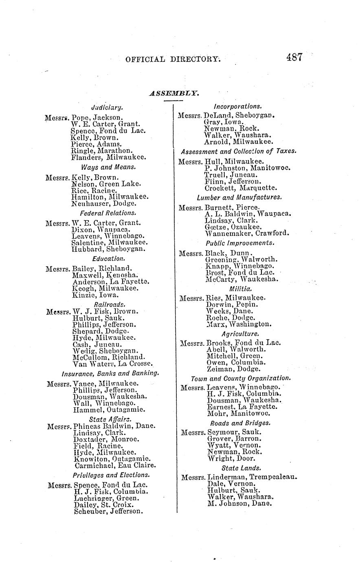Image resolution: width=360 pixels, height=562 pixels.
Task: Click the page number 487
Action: pyautogui.click(x=294, y=57)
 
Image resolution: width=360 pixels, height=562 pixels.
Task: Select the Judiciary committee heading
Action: pyautogui.click(x=107, y=108)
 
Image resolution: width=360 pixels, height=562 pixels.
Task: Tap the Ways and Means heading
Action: pyautogui.click(x=108, y=167)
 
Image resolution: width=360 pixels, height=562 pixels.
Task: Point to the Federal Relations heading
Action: pyautogui.click(x=108, y=213)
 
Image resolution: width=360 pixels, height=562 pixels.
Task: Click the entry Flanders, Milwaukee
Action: pyautogui.click(x=108, y=157)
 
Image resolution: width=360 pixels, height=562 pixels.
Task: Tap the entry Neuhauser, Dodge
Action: pyautogui.click(x=104, y=203)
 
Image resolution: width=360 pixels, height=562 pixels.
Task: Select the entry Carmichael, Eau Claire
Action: pyautogui.click(x=115, y=465)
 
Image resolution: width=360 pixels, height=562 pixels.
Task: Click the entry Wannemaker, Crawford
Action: pyautogui.click(x=248, y=233)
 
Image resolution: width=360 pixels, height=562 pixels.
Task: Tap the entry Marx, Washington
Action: pyautogui.click(x=238, y=325)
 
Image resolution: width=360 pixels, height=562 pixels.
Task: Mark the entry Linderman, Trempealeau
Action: pyautogui.click(x=252, y=477)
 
